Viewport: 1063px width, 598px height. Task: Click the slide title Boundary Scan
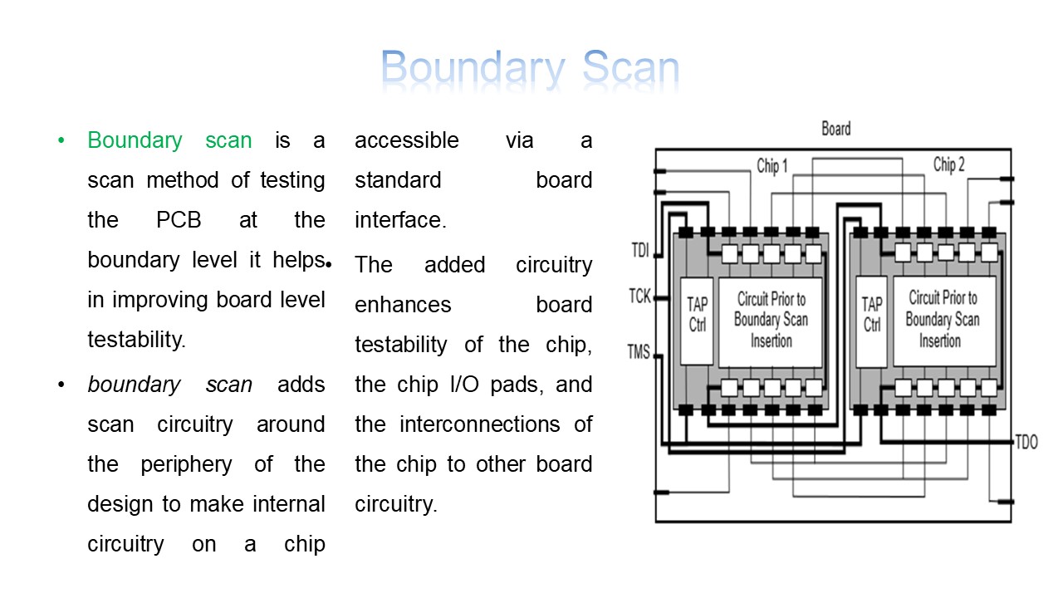coord(530,68)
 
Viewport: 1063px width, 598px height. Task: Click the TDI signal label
coord(639,250)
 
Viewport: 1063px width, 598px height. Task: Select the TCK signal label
coord(639,295)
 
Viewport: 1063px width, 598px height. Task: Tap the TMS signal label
coord(639,352)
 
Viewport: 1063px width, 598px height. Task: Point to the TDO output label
coord(1026,442)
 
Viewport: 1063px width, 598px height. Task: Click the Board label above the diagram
coord(835,129)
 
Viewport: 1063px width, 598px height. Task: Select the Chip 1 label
coord(772,166)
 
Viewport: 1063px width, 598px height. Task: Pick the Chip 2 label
coord(948,164)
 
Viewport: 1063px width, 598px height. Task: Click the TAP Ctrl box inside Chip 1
coord(697,321)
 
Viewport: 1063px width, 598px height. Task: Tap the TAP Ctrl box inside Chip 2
coord(872,321)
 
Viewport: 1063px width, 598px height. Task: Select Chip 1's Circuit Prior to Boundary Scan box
coord(770,321)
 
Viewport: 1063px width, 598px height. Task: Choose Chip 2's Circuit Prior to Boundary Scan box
coord(943,321)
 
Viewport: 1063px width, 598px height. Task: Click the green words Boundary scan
coord(169,140)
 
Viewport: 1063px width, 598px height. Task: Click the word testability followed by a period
coord(137,340)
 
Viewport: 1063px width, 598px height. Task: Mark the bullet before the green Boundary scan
coord(61,140)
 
